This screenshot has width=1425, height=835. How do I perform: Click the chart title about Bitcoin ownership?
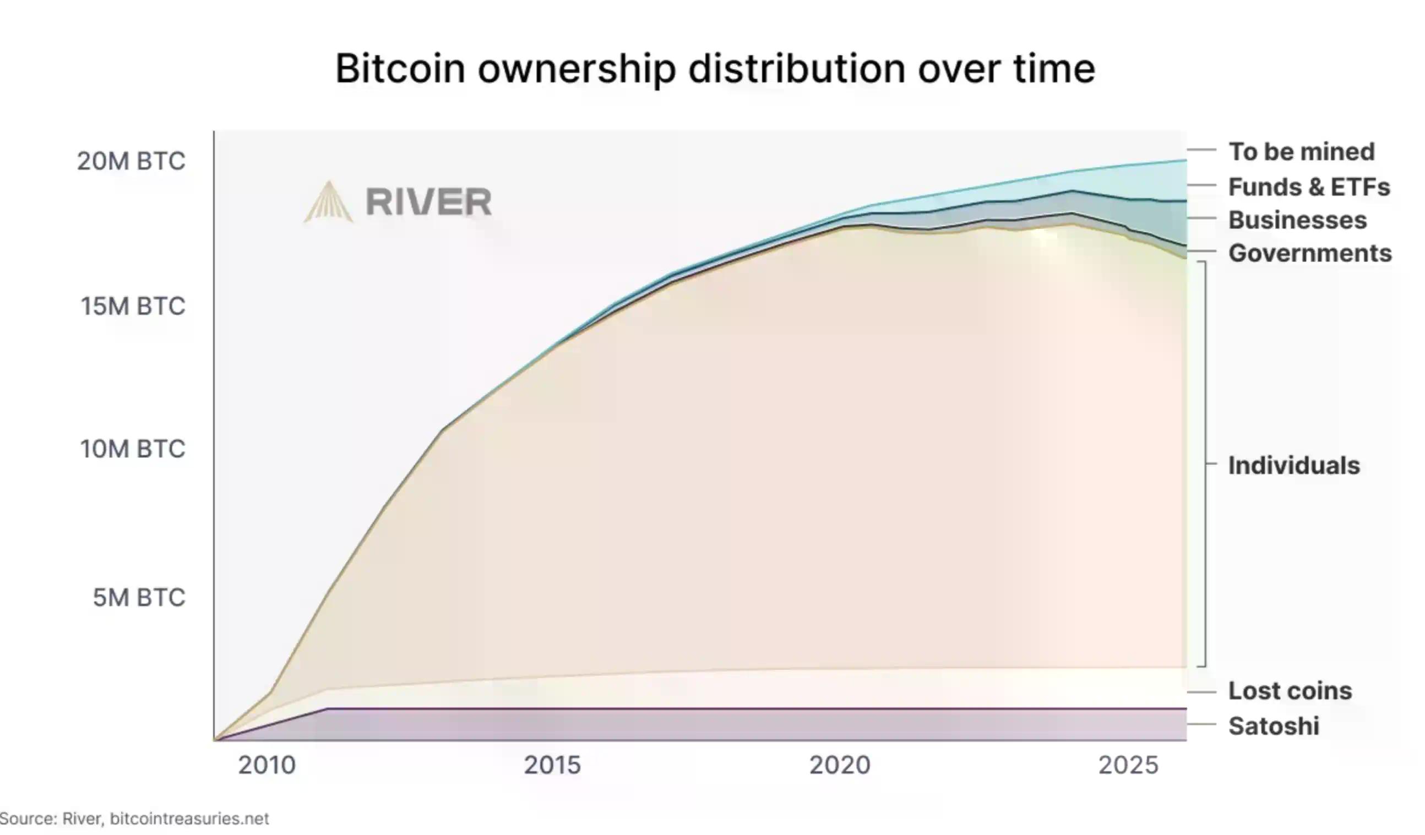(715, 69)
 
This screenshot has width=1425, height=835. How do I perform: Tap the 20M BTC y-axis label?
(130, 161)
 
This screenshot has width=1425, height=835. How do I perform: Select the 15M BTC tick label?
(133, 306)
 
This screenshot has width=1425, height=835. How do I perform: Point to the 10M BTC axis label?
(132, 449)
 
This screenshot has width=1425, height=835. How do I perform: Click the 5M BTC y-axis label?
(139, 598)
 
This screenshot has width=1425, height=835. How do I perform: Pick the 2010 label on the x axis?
(266, 766)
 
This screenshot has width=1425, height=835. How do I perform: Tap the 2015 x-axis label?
(552, 766)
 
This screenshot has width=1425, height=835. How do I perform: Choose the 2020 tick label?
(840, 766)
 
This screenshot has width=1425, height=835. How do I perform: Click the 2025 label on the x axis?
(1128, 766)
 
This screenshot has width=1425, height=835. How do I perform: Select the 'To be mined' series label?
(1301, 151)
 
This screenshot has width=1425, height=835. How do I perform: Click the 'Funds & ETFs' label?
(1308, 187)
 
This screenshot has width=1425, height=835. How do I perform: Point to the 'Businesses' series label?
(1297, 220)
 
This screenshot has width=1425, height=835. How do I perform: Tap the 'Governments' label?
(1309, 253)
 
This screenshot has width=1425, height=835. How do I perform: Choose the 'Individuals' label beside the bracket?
(1294, 466)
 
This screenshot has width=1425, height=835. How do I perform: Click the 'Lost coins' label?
(1290, 691)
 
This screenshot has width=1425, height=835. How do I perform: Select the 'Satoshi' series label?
(1274, 727)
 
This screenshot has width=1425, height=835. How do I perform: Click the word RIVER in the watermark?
(428, 202)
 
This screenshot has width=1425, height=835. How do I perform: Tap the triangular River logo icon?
(329, 202)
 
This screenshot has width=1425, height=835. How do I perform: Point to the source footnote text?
(134, 818)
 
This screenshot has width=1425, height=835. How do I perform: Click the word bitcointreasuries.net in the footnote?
(189, 818)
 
